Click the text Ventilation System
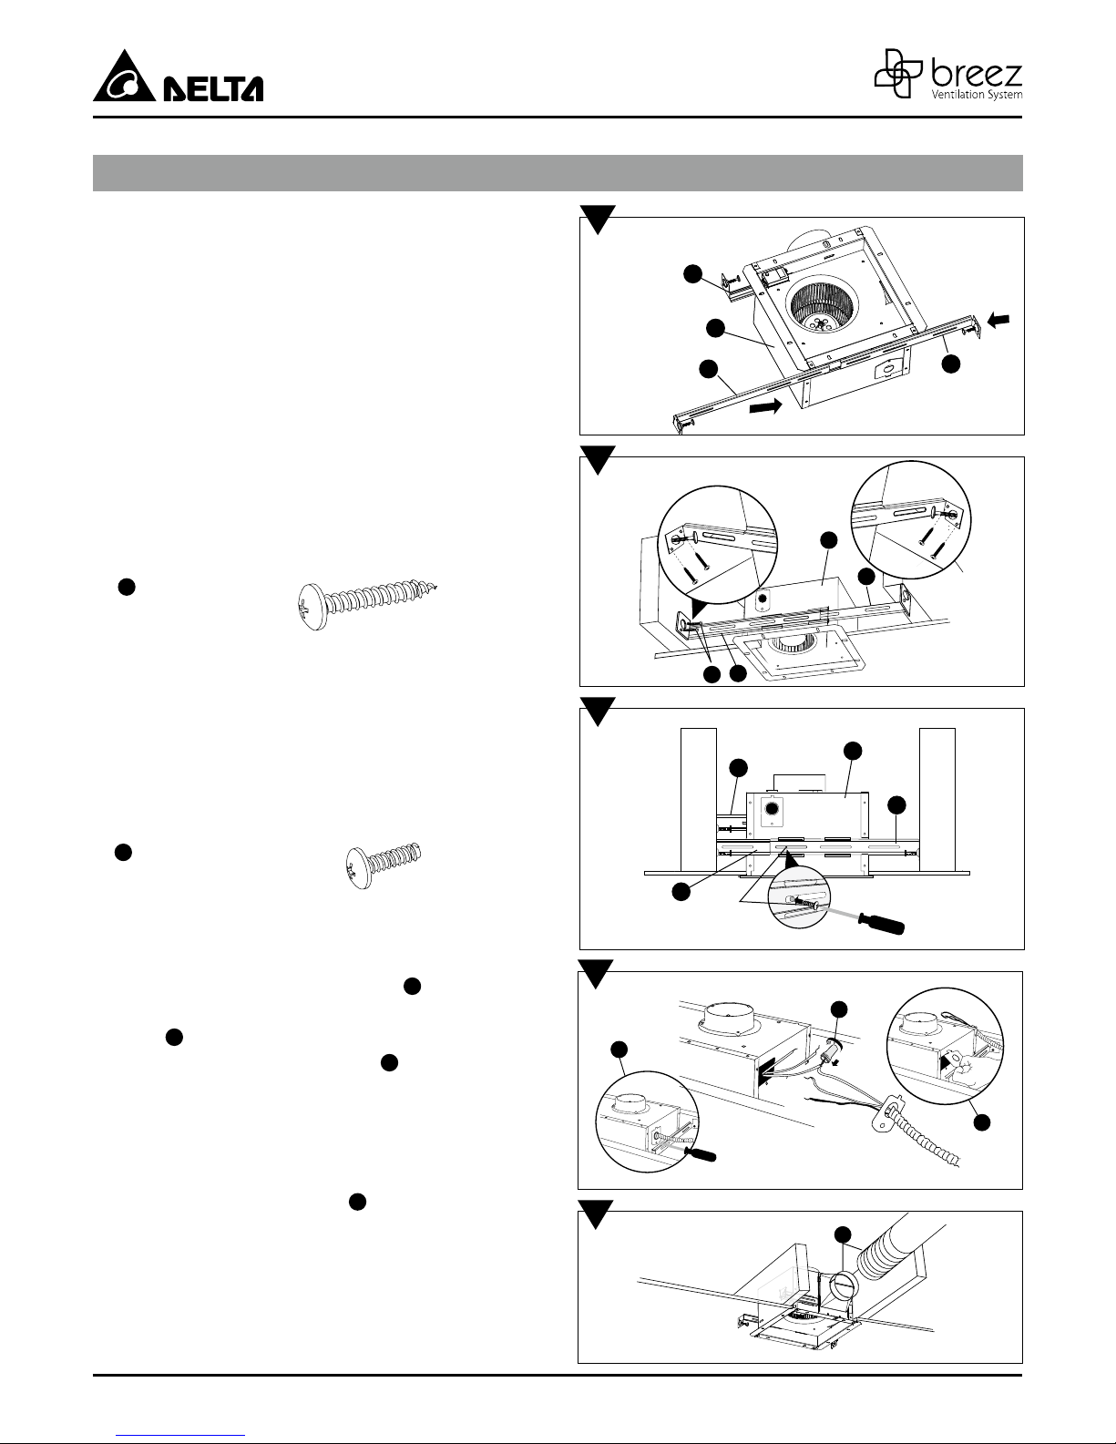point(974,94)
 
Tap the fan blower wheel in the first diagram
point(822,305)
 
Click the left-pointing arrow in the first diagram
point(998,320)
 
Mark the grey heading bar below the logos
point(558,173)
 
